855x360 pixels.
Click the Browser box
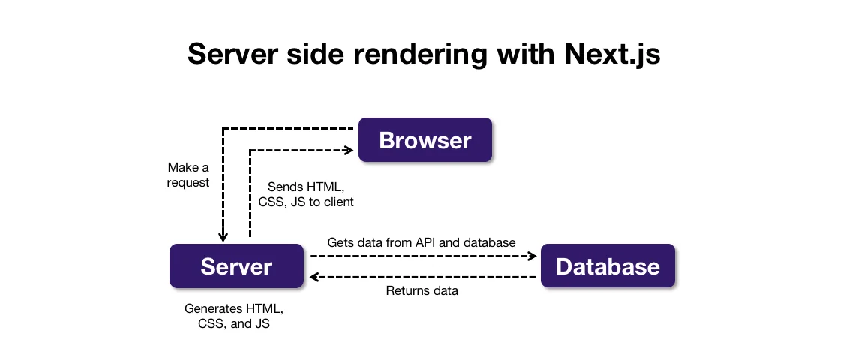(x=424, y=140)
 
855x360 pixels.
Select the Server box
(x=235, y=266)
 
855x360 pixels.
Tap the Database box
(x=607, y=266)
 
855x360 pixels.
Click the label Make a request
(x=188, y=175)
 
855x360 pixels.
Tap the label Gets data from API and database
(x=421, y=242)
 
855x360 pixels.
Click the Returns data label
(x=421, y=290)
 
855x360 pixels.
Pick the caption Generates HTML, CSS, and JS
(x=234, y=316)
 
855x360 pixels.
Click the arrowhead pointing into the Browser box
(x=349, y=151)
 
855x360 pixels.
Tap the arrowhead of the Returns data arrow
(x=315, y=277)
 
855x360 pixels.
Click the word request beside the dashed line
(x=188, y=183)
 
